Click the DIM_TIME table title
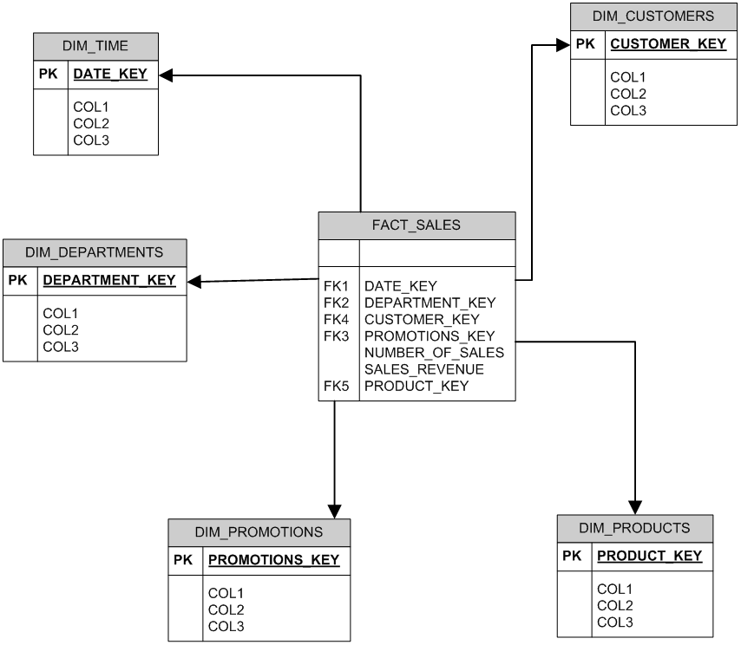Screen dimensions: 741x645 click(95, 46)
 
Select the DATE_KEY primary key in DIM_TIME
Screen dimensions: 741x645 click(110, 74)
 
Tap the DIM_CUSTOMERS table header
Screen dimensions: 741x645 click(653, 16)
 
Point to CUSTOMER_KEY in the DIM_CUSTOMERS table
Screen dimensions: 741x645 click(668, 44)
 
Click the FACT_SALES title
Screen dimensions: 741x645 click(416, 225)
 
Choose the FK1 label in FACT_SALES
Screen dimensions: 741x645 click(336, 286)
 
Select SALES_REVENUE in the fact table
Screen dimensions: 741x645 click(424, 369)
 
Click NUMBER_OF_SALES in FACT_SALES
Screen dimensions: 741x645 click(434, 353)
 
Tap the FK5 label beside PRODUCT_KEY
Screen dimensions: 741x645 click(336, 387)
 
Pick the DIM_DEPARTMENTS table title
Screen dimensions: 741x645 click(94, 252)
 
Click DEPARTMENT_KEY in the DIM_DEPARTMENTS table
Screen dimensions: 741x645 click(109, 280)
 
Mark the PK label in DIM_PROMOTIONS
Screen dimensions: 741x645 click(183, 560)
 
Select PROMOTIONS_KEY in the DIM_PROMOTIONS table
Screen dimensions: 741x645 click(273, 560)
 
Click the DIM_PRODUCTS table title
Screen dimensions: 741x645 click(634, 527)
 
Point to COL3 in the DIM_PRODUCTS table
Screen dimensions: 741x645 click(614, 622)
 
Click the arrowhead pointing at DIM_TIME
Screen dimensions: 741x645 click(166, 75)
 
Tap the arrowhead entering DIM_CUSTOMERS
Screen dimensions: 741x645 click(563, 45)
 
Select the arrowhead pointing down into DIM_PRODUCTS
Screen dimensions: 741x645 click(634, 508)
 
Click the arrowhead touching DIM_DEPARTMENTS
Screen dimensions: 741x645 click(194, 282)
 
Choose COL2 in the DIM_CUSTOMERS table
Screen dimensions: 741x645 click(627, 94)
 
